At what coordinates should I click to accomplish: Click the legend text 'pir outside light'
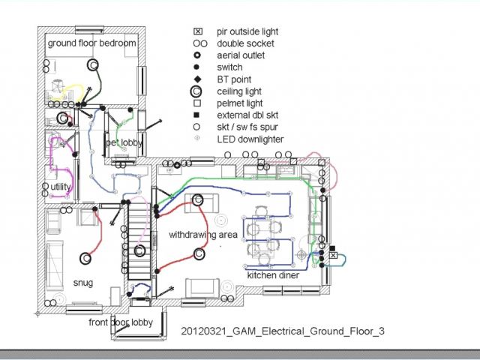[247, 31]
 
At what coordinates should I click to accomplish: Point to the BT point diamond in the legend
[197, 79]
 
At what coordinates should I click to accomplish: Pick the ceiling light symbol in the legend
[197, 91]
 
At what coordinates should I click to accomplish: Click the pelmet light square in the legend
[197, 103]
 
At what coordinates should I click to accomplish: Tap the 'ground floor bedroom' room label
[92, 43]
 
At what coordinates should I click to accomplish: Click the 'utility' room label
[61, 187]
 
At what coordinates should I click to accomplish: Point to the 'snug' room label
[82, 282]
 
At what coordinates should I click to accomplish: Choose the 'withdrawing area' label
[202, 235]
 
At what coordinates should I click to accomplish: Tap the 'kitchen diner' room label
[273, 276]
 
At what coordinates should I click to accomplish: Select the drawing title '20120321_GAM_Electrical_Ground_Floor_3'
[283, 331]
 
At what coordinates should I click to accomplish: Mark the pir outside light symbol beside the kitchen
[334, 256]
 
